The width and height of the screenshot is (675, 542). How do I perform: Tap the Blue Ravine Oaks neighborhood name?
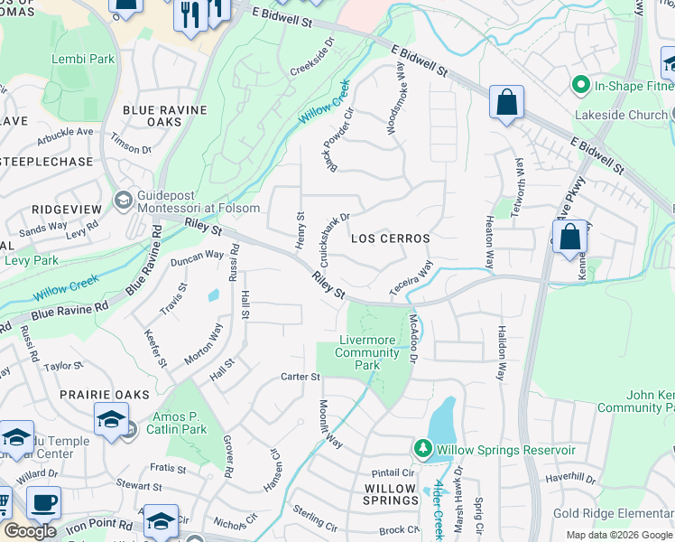164,116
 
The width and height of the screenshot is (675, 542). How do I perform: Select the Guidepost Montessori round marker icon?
123,199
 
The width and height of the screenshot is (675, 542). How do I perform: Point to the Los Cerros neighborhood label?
389,238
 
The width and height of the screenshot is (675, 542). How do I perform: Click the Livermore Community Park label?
367,352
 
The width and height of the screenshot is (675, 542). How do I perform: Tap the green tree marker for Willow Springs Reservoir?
422,449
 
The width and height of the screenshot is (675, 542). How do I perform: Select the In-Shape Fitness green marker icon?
580,87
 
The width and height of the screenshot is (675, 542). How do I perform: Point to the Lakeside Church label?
622,115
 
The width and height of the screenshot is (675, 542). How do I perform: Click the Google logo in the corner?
30,531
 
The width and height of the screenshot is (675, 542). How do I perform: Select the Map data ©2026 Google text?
618,535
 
